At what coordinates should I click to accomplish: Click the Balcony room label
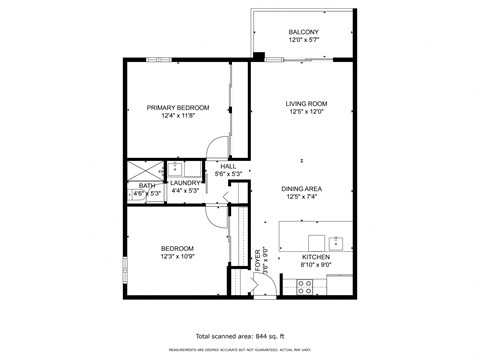[x=303, y=32]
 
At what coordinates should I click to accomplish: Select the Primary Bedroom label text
[x=178, y=107]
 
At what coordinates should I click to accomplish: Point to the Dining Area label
[x=301, y=188]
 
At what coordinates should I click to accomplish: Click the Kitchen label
[x=316, y=257]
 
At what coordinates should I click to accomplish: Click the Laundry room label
[x=185, y=183]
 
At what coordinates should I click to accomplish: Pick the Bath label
[x=147, y=185]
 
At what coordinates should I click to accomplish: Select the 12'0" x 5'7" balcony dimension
[x=303, y=41]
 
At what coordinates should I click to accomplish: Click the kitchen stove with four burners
[x=307, y=285]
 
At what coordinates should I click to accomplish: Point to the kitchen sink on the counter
[x=337, y=242]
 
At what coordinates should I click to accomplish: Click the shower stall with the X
[x=140, y=168]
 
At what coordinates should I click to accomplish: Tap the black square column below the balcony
[x=259, y=56]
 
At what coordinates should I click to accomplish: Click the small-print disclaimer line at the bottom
[x=240, y=349]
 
